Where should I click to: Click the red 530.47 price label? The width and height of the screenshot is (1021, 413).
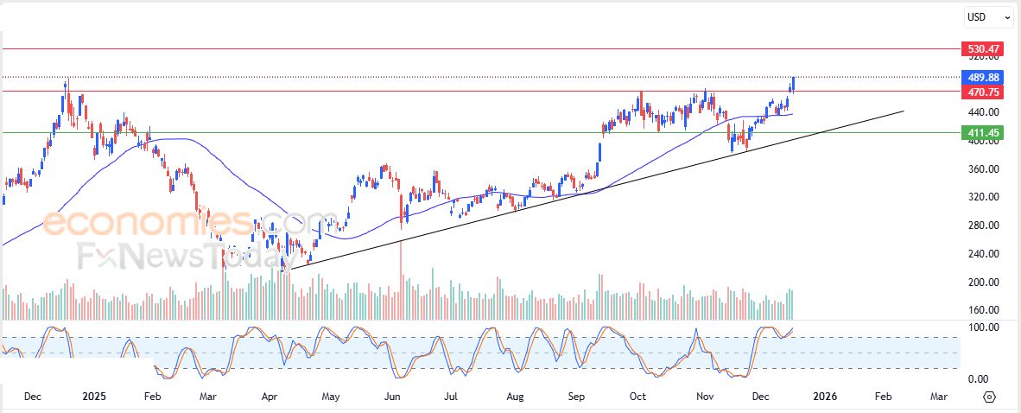tap(984, 49)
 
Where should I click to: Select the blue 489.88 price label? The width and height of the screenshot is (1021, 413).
tap(984, 77)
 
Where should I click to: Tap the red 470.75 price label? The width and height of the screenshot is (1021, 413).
tap(984, 91)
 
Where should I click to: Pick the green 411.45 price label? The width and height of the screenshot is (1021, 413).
tap(984, 132)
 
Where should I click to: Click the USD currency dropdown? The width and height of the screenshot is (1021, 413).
tap(989, 16)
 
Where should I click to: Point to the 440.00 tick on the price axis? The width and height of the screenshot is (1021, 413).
tap(983, 112)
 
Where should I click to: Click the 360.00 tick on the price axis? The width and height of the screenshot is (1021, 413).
tap(983, 169)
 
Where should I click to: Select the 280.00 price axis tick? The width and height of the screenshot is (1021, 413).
tap(983, 226)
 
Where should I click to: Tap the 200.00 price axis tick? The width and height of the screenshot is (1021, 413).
tap(983, 283)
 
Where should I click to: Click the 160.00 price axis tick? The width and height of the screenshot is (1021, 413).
tap(983, 310)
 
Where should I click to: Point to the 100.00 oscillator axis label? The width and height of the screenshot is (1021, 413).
tap(983, 327)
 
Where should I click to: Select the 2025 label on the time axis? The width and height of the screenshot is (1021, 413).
tap(93, 397)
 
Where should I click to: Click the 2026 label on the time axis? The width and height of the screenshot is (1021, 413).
tap(825, 397)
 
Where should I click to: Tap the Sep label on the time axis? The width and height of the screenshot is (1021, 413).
tap(577, 397)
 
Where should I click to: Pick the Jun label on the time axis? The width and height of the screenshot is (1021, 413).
tap(392, 397)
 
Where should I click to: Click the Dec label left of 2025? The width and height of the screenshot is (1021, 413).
tap(33, 397)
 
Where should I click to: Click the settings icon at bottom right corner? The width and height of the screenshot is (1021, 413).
tap(990, 397)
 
